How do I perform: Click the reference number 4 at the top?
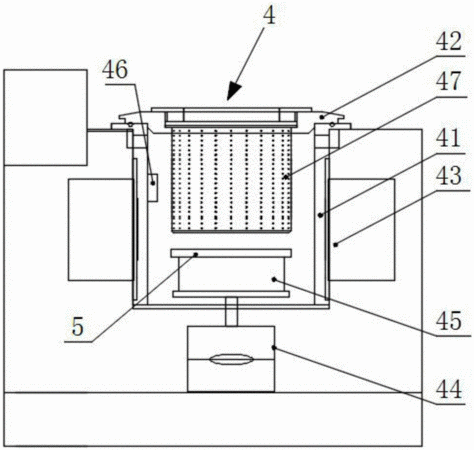pos(270,16)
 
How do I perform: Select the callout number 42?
pos(449,41)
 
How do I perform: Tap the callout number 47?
pos(449,81)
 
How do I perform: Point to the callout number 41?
pos(449,138)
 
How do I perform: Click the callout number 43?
pos(449,175)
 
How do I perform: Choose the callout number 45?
pos(449,321)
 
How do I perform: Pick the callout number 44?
pos(449,389)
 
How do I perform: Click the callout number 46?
pos(115,70)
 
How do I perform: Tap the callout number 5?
pos(77,327)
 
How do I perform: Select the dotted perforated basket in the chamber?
pos(231,180)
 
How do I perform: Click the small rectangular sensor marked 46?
pos(153,187)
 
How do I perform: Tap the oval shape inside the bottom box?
pos(231,359)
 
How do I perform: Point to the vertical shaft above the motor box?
pos(231,312)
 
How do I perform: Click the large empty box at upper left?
pos(46,117)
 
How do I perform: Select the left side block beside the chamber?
pos(100,230)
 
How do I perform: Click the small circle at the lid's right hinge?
pos(332,125)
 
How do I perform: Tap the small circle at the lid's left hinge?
pos(131,125)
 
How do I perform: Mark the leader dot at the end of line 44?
pos(274,348)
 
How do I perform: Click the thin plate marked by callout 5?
pos(231,253)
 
